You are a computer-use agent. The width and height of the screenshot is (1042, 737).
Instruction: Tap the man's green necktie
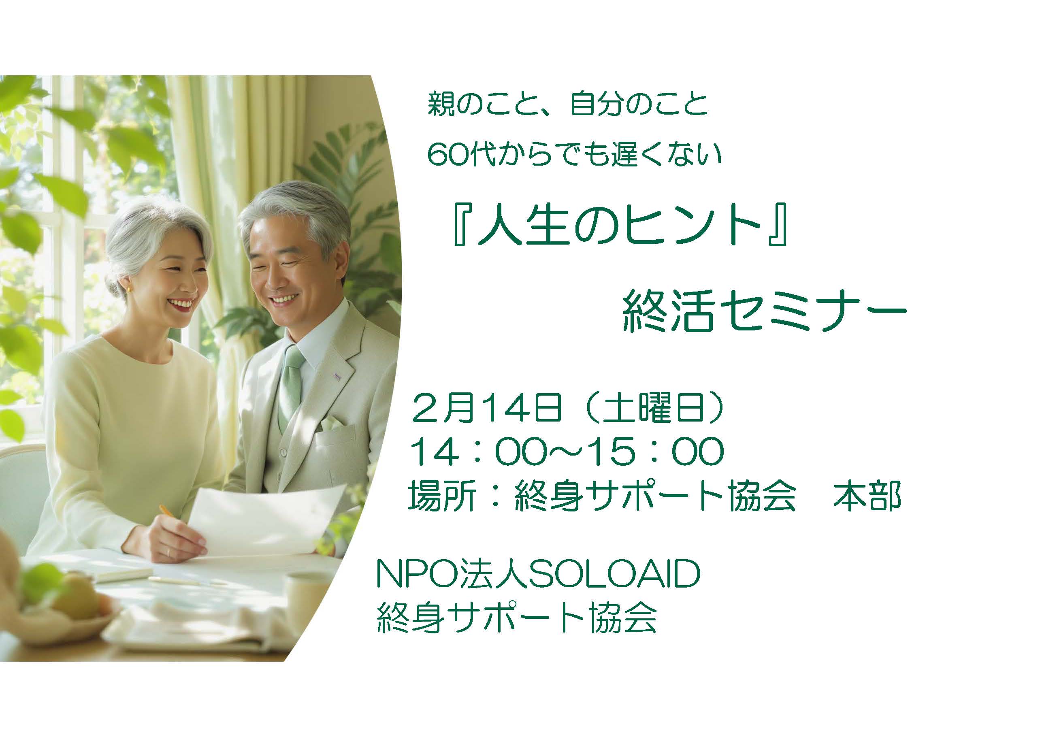(291, 386)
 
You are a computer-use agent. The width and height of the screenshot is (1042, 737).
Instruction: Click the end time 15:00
(654, 451)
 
